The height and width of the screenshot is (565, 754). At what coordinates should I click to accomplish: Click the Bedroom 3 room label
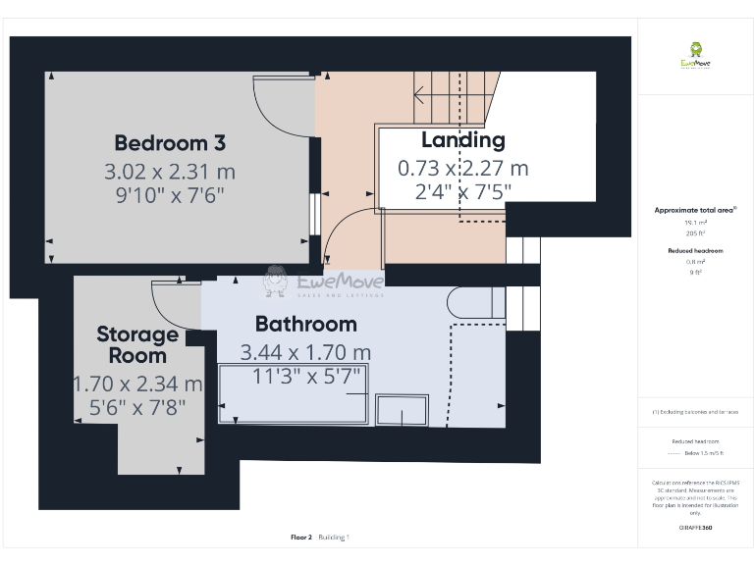tap(170, 143)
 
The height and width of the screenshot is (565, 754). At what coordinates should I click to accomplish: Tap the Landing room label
tap(462, 140)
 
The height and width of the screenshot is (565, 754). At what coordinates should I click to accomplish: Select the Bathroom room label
tap(305, 324)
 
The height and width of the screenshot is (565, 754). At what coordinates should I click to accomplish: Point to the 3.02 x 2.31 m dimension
tap(170, 172)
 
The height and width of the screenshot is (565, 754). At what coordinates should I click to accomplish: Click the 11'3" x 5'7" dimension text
tap(306, 375)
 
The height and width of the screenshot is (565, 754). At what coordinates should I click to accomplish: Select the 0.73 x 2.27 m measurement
tap(462, 169)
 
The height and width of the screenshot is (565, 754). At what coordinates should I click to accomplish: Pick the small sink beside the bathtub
tap(404, 409)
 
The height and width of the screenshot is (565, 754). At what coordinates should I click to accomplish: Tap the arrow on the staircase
tap(419, 96)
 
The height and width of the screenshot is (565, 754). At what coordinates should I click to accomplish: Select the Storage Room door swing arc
tap(175, 303)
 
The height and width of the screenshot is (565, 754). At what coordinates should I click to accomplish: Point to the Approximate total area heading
tap(695, 210)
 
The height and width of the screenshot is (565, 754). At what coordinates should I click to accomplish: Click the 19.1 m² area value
tap(695, 223)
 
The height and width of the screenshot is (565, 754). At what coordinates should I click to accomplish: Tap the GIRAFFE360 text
tap(695, 528)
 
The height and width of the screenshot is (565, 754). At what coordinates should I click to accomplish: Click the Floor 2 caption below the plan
tap(301, 538)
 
